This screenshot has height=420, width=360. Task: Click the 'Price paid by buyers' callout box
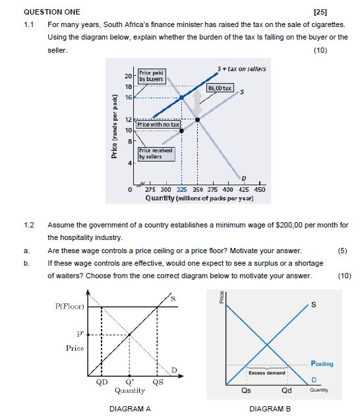click(x=152, y=76)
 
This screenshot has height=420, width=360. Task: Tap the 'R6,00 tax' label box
click(x=220, y=88)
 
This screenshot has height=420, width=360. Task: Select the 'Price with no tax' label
click(x=158, y=124)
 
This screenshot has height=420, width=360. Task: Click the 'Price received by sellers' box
click(x=156, y=154)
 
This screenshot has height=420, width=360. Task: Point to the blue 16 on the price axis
click(x=129, y=98)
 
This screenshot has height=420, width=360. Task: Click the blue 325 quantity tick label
click(x=181, y=190)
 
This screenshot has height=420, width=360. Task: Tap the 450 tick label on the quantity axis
click(x=260, y=190)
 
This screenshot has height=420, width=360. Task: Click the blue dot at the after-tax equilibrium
click(x=181, y=98)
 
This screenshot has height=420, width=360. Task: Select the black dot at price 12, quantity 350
click(x=197, y=120)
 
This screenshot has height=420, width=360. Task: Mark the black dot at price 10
click(x=181, y=131)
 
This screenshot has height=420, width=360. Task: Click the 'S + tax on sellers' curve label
click(x=241, y=69)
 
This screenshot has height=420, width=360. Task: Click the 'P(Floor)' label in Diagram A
click(x=70, y=307)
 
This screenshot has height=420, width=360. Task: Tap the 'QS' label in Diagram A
click(x=158, y=382)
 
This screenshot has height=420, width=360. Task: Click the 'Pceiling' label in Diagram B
click(x=322, y=363)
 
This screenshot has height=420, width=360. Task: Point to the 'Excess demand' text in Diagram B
click(x=267, y=373)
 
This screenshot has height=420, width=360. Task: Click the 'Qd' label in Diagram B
click(x=287, y=390)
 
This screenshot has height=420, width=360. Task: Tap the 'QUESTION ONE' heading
click(x=52, y=12)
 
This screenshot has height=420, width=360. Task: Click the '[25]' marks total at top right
click(x=320, y=12)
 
